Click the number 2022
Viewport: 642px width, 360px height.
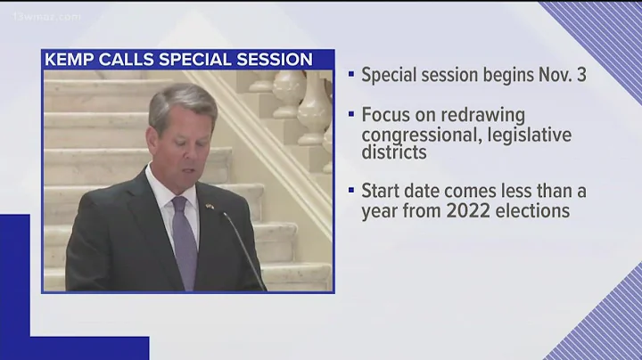point(481,212)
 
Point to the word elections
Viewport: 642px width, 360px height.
point(539,212)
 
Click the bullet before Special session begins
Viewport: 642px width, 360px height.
point(351,75)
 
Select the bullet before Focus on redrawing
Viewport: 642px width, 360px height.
point(351,117)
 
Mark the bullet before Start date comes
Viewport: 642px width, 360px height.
point(351,192)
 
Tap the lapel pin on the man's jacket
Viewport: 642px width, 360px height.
point(210,209)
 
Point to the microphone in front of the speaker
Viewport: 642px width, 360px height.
point(243,250)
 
